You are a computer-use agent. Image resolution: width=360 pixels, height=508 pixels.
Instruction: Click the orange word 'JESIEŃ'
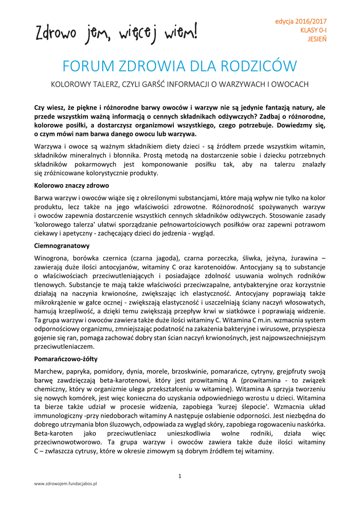click(x=317, y=39)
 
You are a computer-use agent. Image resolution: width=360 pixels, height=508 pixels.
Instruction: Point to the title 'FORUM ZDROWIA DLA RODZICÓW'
click(x=180, y=66)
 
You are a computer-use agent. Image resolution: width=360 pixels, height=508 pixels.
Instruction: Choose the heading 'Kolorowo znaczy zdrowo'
click(x=72, y=186)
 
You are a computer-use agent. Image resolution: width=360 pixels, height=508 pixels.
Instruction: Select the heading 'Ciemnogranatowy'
click(x=62, y=245)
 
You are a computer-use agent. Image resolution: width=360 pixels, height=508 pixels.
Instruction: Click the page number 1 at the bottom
click(x=180, y=476)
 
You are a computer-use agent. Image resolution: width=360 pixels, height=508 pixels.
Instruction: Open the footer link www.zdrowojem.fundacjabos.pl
click(x=65, y=483)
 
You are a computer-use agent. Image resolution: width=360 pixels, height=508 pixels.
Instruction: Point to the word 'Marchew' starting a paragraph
click(x=48, y=371)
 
